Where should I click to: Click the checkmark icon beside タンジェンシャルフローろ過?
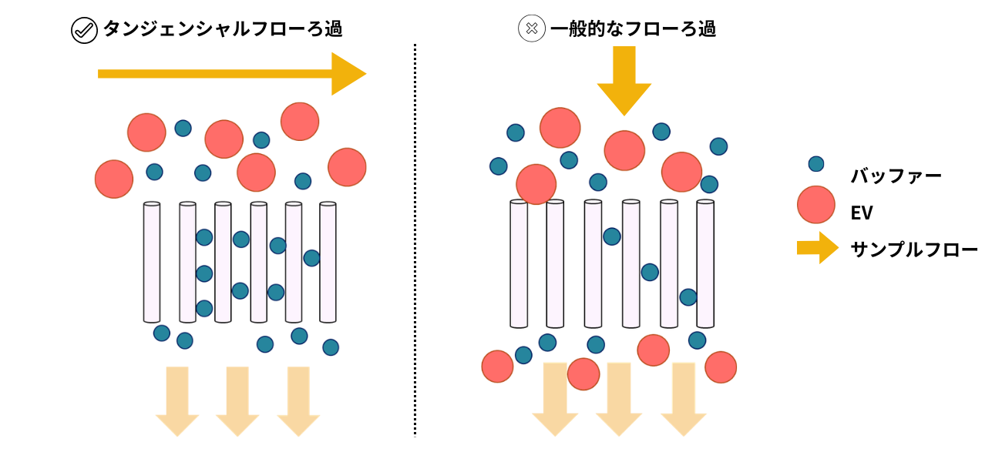click(x=82, y=30)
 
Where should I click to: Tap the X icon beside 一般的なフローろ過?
click(x=531, y=30)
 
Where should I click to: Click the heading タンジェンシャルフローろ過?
click(x=223, y=30)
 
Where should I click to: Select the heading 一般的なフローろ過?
click(x=633, y=30)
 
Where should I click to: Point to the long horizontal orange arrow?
click(x=231, y=74)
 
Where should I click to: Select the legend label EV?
click(x=862, y=213)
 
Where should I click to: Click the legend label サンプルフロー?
click(x=914, y=249)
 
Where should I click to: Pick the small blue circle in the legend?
click(x=815, y=163)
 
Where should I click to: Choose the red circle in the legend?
click(x=816, y=205)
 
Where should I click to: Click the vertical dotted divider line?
click(x=415, y=239)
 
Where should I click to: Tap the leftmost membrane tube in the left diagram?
click(x=152, y=263)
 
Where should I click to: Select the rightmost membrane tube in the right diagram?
click(x=705, y=264)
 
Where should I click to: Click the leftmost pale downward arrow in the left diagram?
click(x=177, y=400)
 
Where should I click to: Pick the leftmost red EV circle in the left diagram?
click(x=114, y=179)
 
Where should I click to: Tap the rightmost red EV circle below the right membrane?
click(x=721, y=367)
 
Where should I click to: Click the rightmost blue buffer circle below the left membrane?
click(x=331, y=347)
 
